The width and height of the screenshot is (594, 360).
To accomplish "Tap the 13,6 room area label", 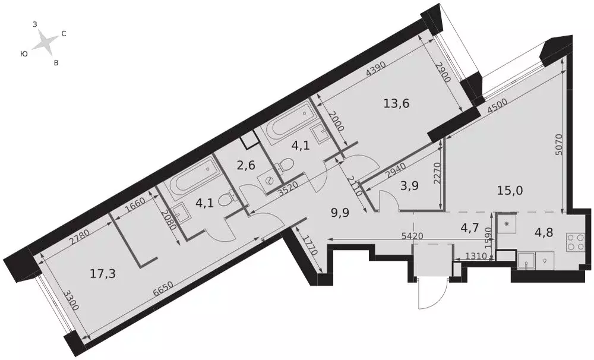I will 397,103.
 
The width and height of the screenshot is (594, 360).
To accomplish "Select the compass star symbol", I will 44,42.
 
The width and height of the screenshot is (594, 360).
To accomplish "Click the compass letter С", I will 64,34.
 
